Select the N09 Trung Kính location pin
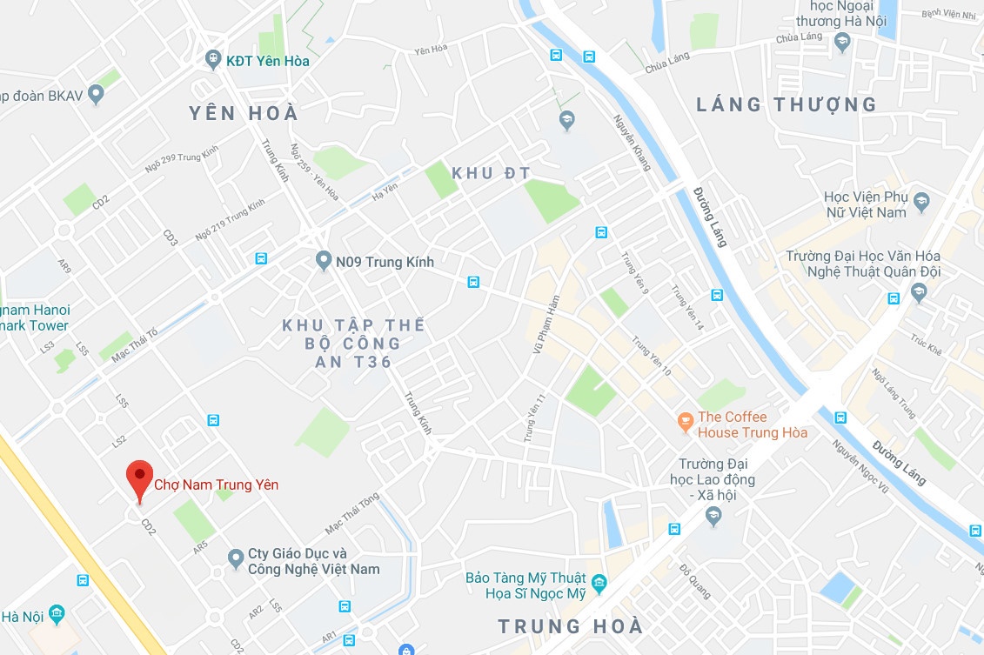[x=324, y=261]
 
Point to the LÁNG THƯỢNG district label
[x=787, y=105]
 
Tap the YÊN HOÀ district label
[x=244, y=113]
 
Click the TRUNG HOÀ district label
[x=570, y=626]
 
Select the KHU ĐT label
[x=491, y=173]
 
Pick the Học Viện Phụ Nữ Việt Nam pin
[x=922, y=204]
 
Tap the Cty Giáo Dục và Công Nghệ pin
[x=235, y=557]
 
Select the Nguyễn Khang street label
[x=632, y=143]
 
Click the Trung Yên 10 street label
[x=652, y=356]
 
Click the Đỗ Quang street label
[x=695, y=581]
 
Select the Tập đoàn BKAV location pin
[x=96, y=95]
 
